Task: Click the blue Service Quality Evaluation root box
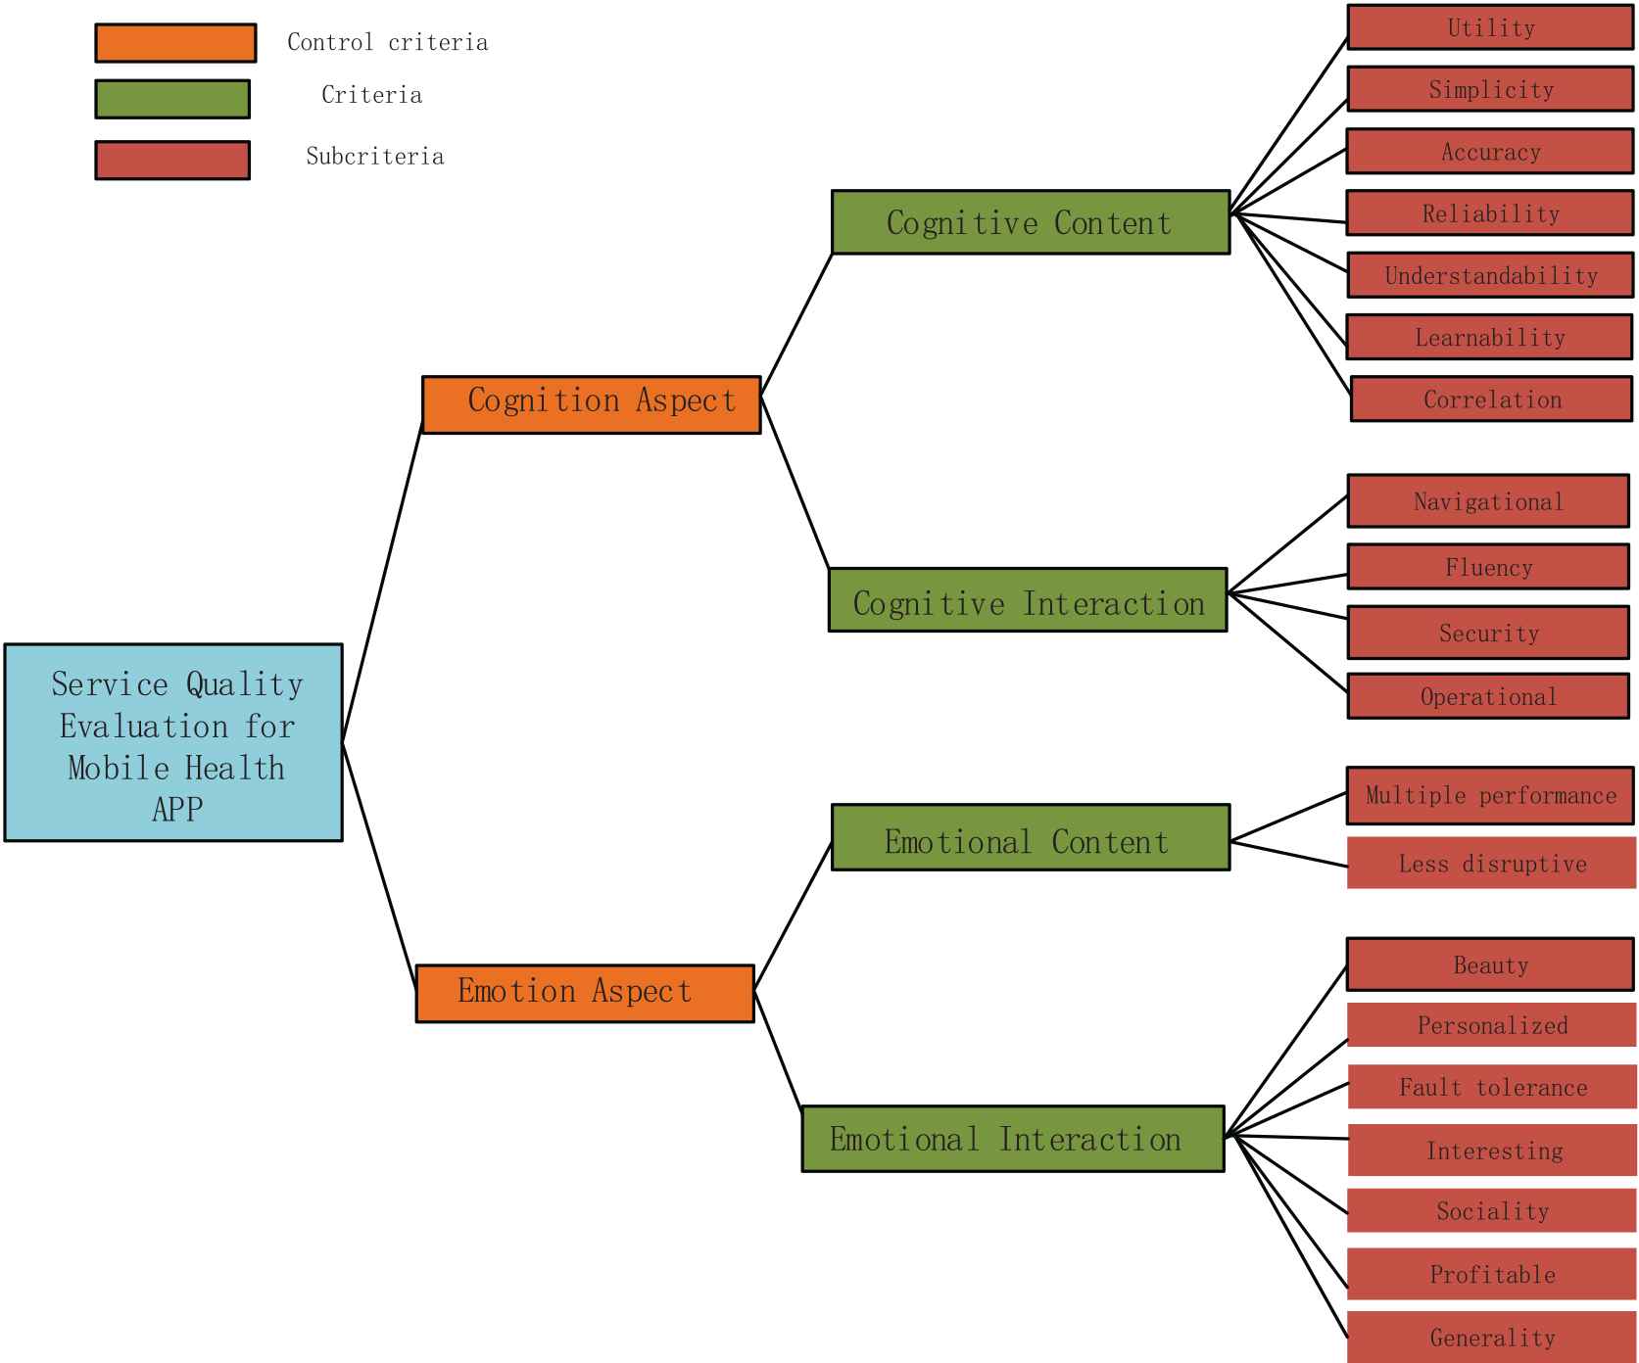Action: [x=173, y=742]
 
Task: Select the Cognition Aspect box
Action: [x=591, y=403]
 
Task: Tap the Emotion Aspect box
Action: [x=585, y=993]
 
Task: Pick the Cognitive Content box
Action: [x=1030, y=222]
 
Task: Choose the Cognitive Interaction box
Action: [x=1028, y=599]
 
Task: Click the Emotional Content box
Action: [x=1030, y=837]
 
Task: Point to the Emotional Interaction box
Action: [x=1013, y=1138]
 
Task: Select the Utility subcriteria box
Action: [x=1489, y=27]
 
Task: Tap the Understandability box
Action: [x=1489, y=275]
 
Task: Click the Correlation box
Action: [x=1491, y=399]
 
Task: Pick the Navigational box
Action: [x=1487, y=501]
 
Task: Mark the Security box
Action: [x=1487, y=633]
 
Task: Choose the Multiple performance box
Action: [x=1489, y=795]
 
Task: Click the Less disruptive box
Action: [x=1491, y=863]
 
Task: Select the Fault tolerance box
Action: [x=1491, y=1087]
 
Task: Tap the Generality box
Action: [x=1491, y=1337]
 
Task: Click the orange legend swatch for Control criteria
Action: [x=175, y=43]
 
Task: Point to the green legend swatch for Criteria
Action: [x=172, y=99]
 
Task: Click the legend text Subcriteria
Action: [x=375, y=157]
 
